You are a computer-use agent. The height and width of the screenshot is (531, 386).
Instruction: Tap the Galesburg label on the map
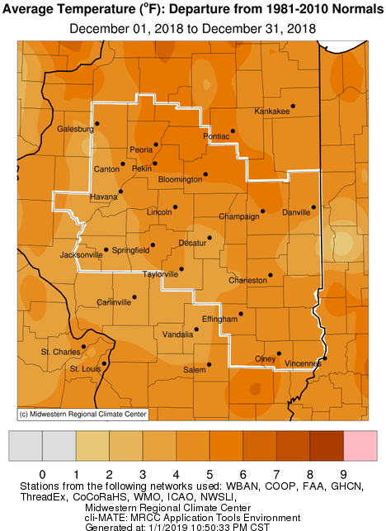pos(75,129)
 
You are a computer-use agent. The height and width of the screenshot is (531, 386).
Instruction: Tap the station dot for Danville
pos(313,207)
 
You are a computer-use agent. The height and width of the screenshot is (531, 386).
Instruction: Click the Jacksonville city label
pos(82,255)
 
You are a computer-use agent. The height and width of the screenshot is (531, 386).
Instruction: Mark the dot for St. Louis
pos(103,363)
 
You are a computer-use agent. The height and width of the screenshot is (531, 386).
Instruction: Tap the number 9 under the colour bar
pos(343,474)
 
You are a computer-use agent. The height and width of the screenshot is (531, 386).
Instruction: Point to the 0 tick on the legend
pos(42,474)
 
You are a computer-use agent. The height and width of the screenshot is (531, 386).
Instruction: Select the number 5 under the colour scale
pos(209,474)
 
